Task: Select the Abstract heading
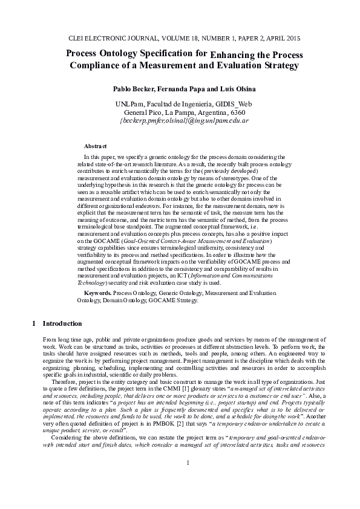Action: [x=95, y=147]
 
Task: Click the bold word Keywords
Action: [x=97, y=293]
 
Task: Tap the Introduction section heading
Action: [x=62, y=323]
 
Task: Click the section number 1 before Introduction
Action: [x=34, y=323]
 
